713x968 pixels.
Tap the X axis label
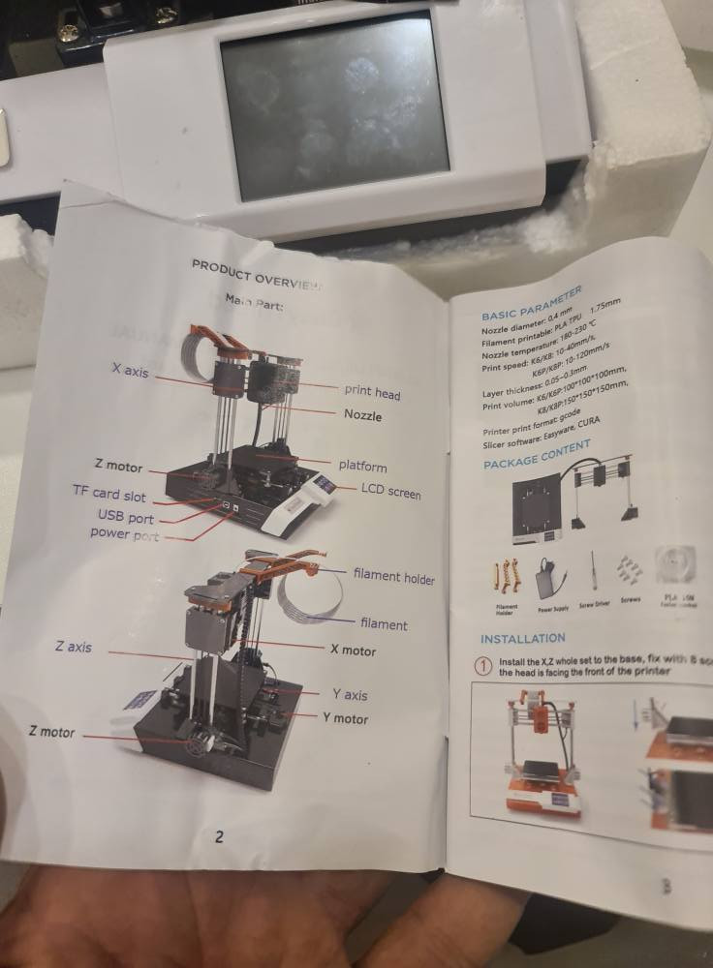(129, 370)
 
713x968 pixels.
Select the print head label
(372, 393)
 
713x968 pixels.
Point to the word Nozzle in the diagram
(362, 415)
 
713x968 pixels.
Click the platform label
(362, 466)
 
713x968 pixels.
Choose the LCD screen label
(390, 492)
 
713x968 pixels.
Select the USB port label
(125, 517)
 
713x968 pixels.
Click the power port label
(124, 533)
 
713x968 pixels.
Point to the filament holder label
(393, 578)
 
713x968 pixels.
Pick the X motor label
(353, 650)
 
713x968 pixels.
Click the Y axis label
(350, 695)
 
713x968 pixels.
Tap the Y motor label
(345, 718)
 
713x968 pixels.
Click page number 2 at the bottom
(219, 836)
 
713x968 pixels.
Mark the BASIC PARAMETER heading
(532, 303)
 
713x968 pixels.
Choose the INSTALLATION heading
(522, 638)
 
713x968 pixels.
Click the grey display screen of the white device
(334, 106)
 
